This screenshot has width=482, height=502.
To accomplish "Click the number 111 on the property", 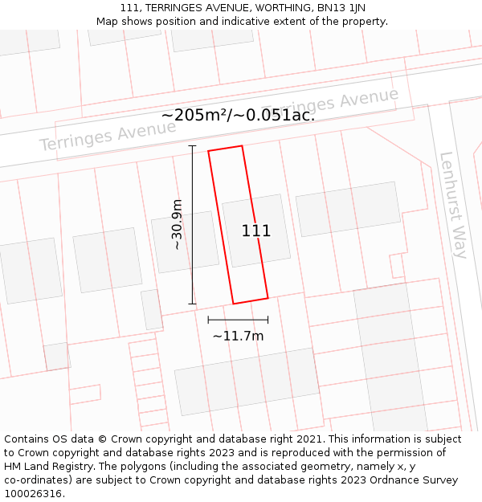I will pyautogui.click(x=256, y=231).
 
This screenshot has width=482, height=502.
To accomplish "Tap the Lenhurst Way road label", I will pyautogui.click(x=452, y=205).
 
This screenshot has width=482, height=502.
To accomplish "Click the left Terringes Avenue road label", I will pyautogui.click(x=96, y=136).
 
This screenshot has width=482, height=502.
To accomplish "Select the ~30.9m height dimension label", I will pyautogui.click(x=178, y=225).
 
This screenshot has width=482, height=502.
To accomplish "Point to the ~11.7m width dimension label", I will pyautogui.click(x=238, y=336).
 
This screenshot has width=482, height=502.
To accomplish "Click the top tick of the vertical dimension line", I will pyautogui.click(x=192, y=146).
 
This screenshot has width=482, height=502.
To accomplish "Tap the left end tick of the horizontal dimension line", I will pyautogui.click(x=208, y=320).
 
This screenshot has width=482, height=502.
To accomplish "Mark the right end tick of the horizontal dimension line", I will pyautogui.click(x=268, y=320).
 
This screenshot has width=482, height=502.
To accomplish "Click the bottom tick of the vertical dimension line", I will pyautogui.click(x=192, y=304).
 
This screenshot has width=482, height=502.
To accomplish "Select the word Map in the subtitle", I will pyautogui.click(x=108, y=22).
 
